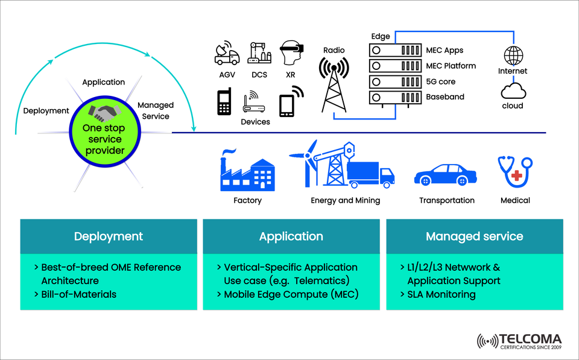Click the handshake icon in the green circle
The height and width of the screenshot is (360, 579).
104,112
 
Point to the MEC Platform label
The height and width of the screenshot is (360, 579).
451,66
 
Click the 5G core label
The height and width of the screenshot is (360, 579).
441,81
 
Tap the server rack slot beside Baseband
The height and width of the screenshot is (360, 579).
395,96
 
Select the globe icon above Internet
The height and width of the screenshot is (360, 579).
513,55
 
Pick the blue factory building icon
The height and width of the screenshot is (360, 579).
247,172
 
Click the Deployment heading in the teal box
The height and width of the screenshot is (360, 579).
109,236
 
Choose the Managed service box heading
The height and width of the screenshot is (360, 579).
474,236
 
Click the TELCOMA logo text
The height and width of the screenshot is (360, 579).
530,339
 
